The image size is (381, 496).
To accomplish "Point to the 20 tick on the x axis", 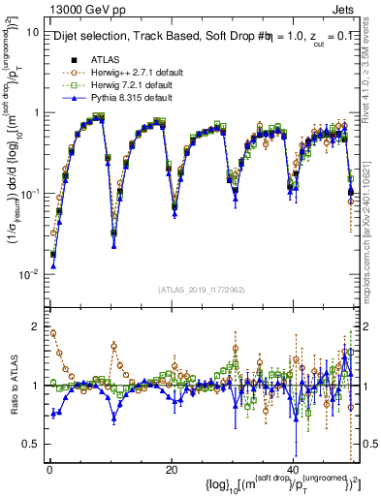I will pos(171,469).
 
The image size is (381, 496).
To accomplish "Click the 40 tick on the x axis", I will pos(295,469).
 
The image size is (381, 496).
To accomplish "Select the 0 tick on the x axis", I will pos(48,469).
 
